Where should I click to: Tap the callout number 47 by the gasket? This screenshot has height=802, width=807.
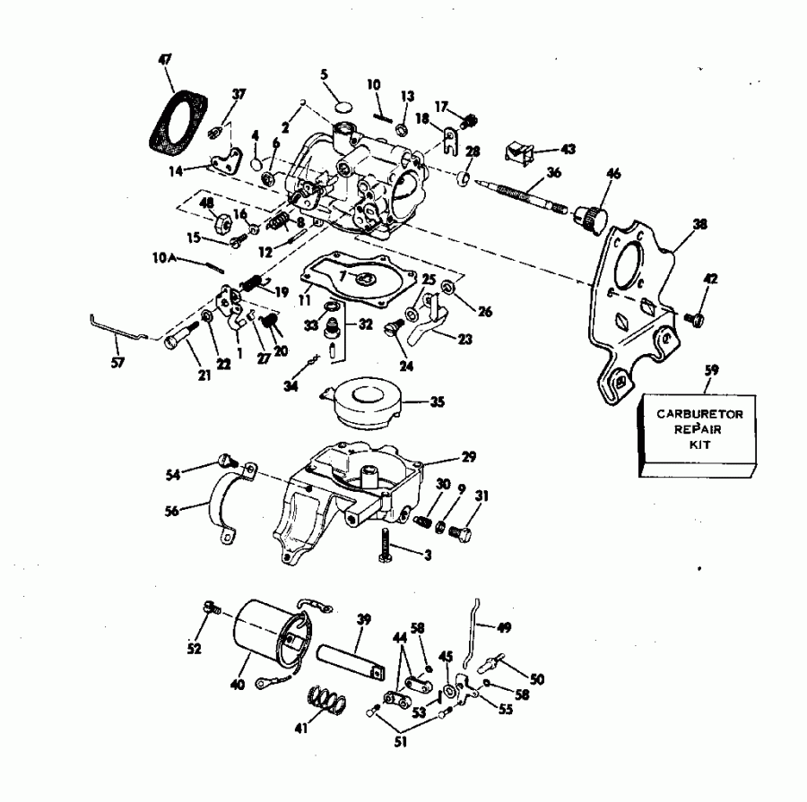pyautogui.click(x=165, y=59)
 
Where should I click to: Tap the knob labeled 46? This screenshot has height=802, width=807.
pyautogui.click(x=591, y=216)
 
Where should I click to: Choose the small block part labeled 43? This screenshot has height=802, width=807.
pyautogui.click(x=518, y=150)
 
